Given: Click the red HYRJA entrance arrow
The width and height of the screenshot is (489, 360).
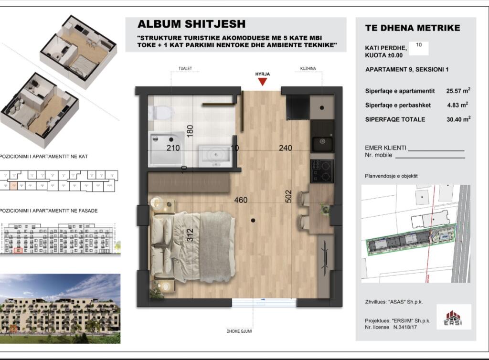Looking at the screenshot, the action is tap(263, 82).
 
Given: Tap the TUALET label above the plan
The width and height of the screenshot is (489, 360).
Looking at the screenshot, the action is tap(185, 68).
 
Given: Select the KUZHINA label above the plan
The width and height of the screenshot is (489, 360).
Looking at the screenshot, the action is tap(308, 68).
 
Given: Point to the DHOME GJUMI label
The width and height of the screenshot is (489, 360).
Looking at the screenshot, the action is tap(239, 331).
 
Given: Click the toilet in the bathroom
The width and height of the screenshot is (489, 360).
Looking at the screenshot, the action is tap(160, 112).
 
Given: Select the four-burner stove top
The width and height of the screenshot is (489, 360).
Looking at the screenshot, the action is tap(322, 171).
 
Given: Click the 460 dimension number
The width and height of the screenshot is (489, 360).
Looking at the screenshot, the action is tap(241, 200).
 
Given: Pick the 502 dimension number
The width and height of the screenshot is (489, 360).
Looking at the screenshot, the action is tap(288, 196).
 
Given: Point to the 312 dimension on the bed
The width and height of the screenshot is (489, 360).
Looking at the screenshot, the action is tap(190, 235).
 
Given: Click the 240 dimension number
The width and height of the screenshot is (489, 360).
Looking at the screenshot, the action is tap(286, 148).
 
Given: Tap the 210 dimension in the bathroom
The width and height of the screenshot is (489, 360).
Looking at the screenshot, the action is tap(173, 148).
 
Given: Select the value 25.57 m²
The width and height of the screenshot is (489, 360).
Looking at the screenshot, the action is tap(458, 91).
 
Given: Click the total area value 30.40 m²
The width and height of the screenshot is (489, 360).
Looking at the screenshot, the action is tap(458, 119).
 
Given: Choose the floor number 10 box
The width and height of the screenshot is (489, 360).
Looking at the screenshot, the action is tap(418, 48).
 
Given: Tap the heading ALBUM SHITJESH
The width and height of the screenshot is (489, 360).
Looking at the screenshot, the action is tap(191, 24).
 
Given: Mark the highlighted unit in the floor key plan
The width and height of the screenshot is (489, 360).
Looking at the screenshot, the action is tap(13, 186).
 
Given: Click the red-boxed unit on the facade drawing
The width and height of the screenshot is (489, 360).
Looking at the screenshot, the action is tap(18, 250).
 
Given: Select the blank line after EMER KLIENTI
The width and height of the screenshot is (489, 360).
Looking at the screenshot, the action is tap(436, 151).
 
